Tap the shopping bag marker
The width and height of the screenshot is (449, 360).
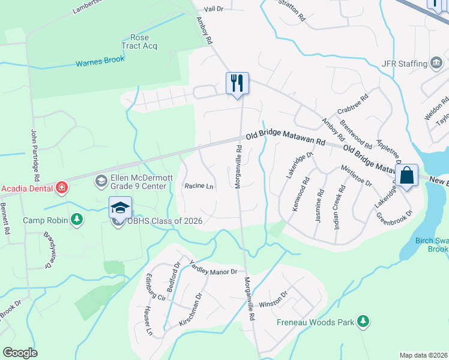coord(406,175)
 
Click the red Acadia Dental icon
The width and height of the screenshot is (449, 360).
coord(61,188)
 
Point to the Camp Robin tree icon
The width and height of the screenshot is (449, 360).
coord(76,220)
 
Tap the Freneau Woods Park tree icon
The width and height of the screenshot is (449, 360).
coord(363,322)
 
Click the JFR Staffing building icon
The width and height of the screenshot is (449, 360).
coord(437,63)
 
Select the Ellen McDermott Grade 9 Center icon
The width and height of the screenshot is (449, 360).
coord(101,180)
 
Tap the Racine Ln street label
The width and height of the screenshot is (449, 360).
coord(199,187)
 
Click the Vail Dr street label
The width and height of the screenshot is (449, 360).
coord(213,9)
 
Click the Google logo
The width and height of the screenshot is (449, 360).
coord(20,353)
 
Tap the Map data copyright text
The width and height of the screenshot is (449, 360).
coord(423,355)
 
